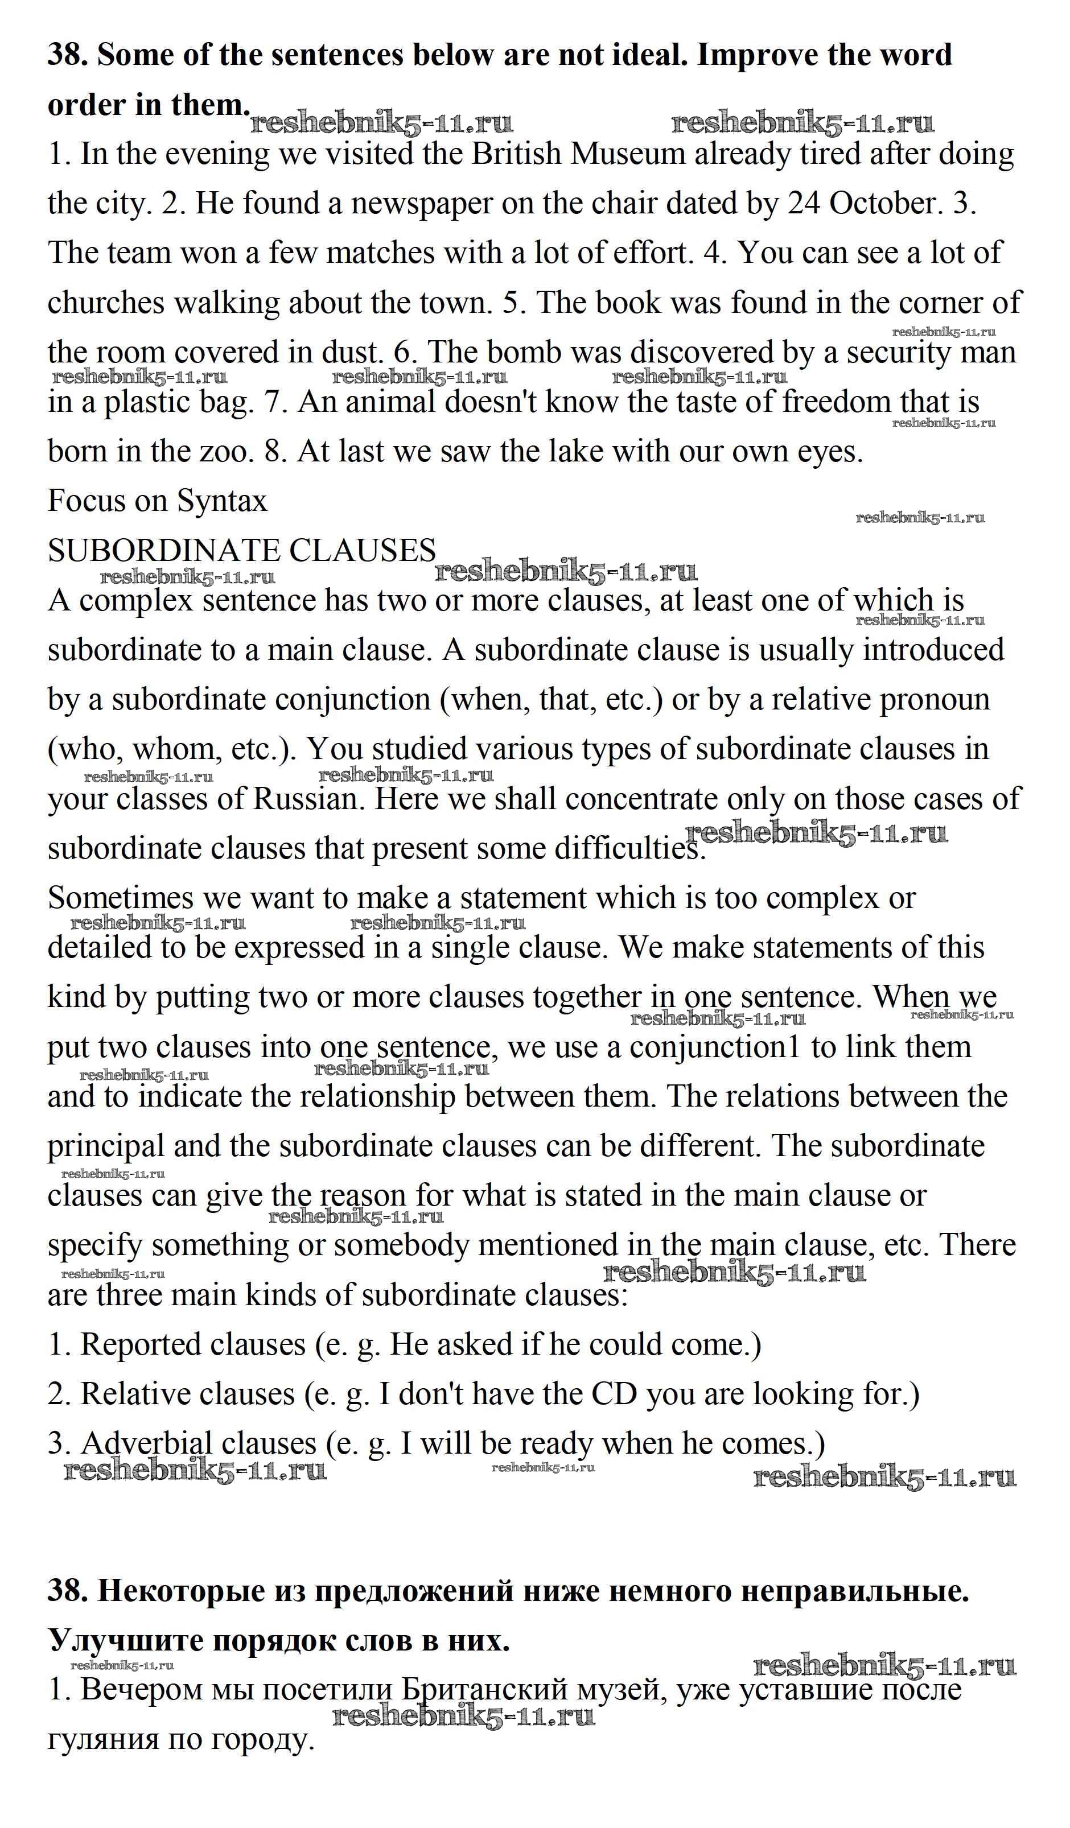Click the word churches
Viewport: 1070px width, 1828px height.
tap(106, 303)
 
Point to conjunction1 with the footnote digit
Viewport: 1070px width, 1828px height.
tap(713, 1047)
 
